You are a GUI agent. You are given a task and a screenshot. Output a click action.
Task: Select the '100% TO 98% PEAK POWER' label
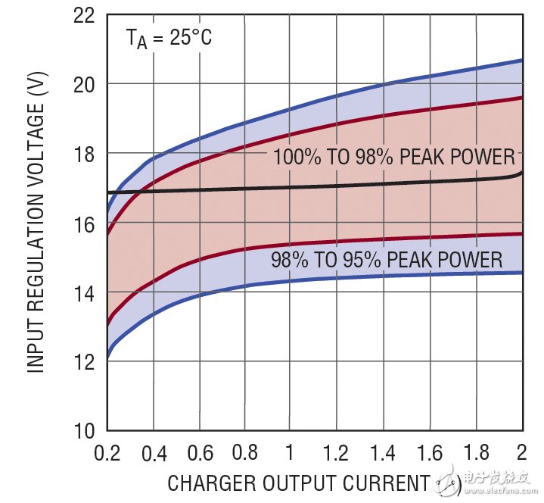click(393, 158)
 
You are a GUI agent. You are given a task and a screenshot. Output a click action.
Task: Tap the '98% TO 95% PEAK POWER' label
click(386, 260)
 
